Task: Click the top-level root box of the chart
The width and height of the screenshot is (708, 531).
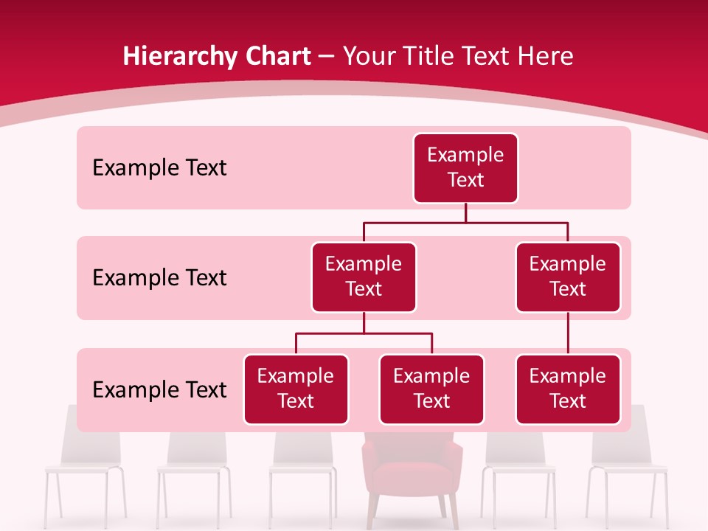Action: click(x=465, y=168)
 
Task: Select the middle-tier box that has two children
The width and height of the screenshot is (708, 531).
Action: click(x=364, y=277)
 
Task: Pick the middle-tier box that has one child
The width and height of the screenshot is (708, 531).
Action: click(x=568, y=277)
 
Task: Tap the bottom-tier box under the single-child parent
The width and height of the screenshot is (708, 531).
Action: click(x=568, y=389)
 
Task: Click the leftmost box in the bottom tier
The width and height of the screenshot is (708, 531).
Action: click(x=296, y=389)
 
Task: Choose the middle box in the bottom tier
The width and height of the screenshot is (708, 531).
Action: click(x=431, y=389)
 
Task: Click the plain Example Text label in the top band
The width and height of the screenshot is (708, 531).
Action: click(x=159, y=168)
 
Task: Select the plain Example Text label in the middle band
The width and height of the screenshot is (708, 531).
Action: click(x=159, y=278)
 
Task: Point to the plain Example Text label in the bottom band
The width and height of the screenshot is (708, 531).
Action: click(x=159, y=389)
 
